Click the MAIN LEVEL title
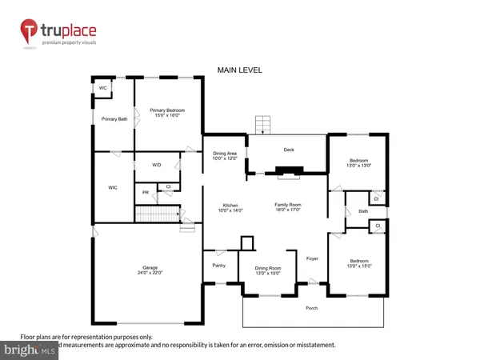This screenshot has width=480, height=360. pos(240,70)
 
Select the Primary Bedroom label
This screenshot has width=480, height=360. pos(169,112)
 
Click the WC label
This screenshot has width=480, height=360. pos(102,88)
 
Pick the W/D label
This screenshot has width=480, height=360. pos(158,165)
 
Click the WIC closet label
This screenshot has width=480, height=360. pos(113,188)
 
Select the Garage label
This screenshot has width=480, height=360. pos(146,270)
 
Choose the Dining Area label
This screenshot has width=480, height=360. pos(224,155)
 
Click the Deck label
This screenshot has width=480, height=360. pos(289,150)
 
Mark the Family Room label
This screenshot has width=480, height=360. pos(289,207)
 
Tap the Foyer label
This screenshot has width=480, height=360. pos(313,258)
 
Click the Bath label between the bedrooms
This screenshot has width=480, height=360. pos(363,211)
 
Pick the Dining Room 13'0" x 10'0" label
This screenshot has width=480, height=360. pos(268,270)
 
